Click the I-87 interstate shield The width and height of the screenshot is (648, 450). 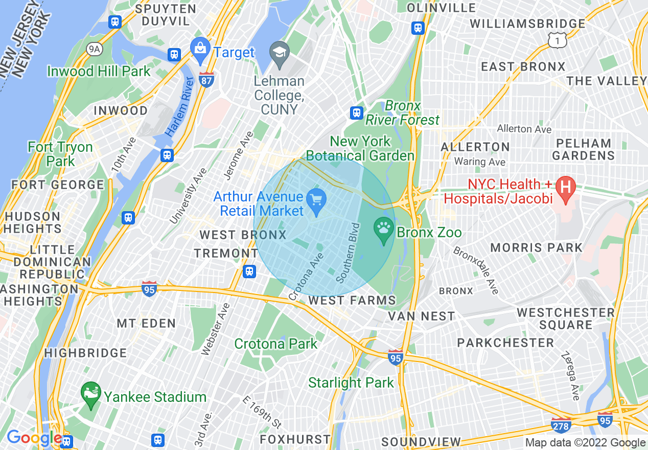(x=206, y=80)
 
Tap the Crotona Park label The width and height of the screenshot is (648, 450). (x=276, y=344)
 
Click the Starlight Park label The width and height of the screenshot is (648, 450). (x=351, y=382)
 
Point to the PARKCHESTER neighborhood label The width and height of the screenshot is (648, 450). (x=505, y=343)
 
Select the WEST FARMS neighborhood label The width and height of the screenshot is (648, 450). (x=352, y=300)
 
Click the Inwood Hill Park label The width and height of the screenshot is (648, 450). (x=99, y=71)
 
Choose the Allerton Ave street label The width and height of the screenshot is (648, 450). (x=524, y=129)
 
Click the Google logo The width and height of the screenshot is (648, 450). (x=34, y=438)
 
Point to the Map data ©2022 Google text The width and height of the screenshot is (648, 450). (x=585, y=443)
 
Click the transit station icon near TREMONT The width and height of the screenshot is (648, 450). (x=249, y=271)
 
